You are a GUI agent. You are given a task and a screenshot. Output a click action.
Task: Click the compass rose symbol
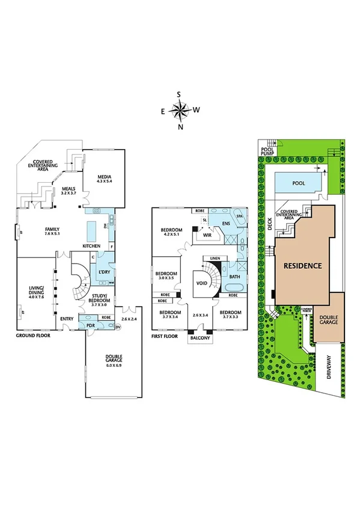coord(180,110)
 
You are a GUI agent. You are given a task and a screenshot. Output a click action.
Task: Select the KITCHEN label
coord(91,245)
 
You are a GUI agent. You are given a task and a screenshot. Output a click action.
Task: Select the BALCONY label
coord(200,338)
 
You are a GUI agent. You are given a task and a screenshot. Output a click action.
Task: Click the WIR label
coord(208,236)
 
